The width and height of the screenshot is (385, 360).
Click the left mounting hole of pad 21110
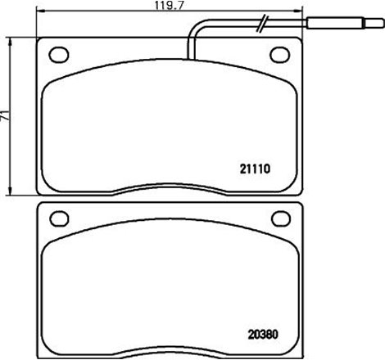[60, 54]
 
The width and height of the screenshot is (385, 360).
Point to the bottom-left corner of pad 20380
[41, 356]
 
